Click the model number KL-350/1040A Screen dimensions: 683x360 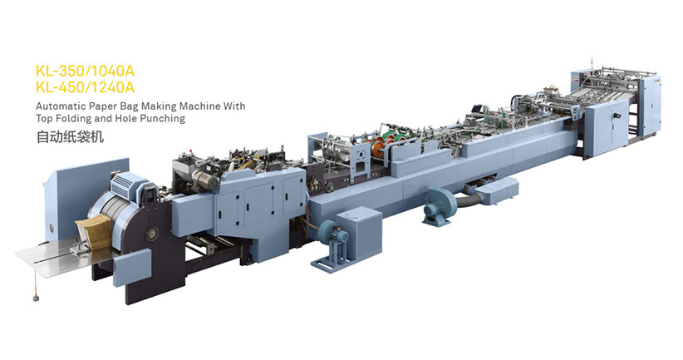(85, 71)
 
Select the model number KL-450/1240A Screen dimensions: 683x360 (85, 87)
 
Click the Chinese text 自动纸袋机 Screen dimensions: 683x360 (70, 137)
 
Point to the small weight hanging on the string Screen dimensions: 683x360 (35, 298)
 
